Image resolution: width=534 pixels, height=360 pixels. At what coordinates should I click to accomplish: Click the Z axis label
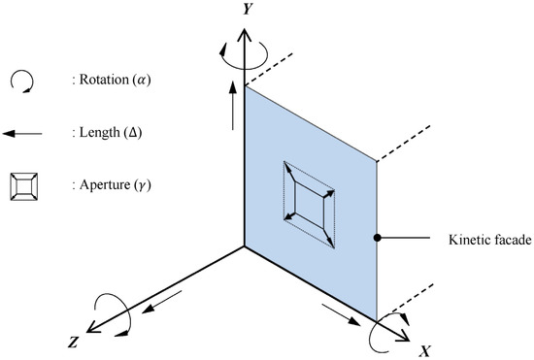tap(73, 342)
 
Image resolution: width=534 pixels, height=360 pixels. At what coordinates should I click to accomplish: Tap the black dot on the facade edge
tap(377, 237)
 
